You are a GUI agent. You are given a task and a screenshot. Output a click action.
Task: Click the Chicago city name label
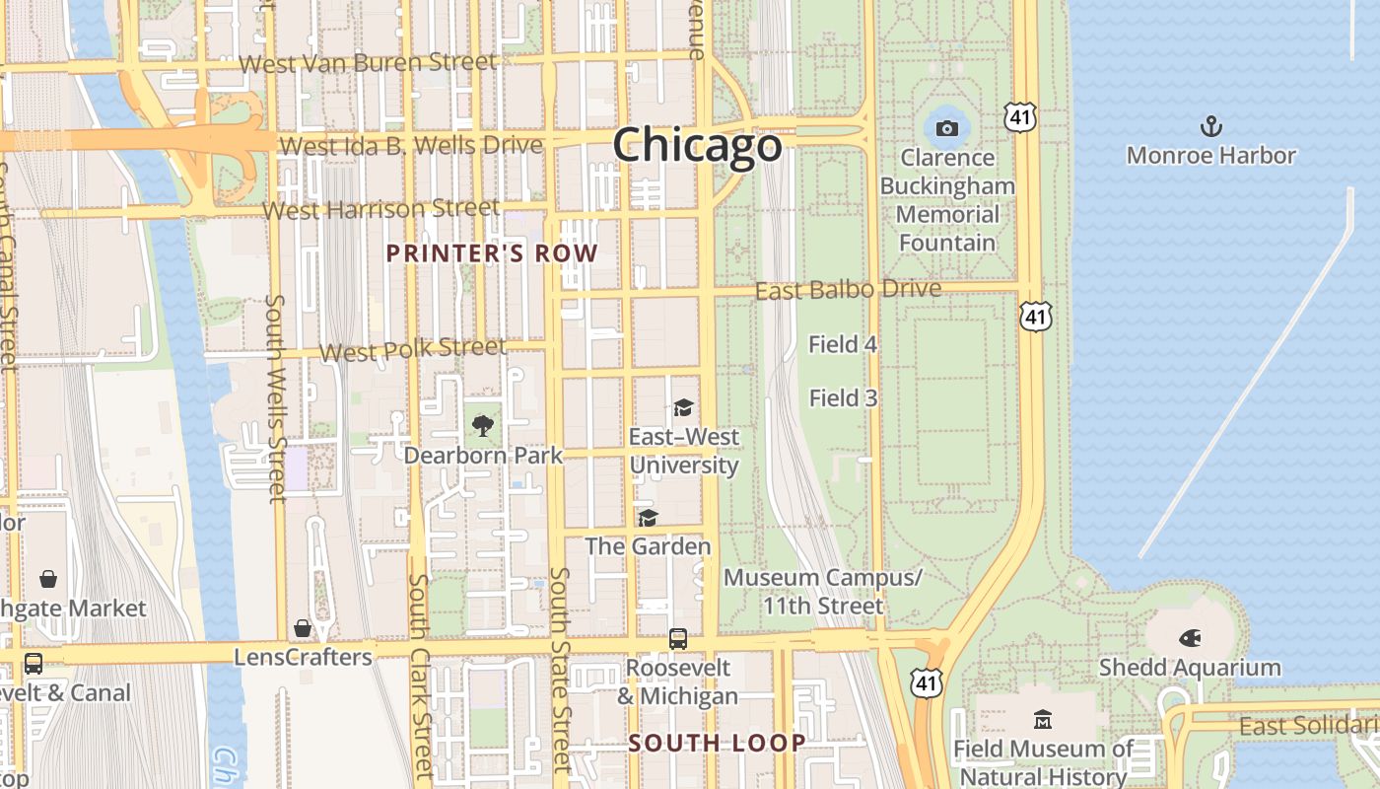coord(698,146)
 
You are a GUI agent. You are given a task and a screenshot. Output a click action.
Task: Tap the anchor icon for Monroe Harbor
coord(1210,126)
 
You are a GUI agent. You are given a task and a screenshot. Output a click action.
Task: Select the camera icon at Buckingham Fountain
coord(946,128)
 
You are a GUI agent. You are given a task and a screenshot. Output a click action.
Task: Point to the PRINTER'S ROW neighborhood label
coord(492,253)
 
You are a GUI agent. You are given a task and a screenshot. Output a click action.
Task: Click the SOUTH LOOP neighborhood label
coord(718,744)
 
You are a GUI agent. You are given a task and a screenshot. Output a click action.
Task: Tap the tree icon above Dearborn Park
coord(482,426)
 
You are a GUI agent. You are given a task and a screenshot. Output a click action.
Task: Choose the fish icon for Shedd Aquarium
coord(1190,638)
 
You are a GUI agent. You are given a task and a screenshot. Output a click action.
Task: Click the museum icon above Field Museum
coord(1042,719)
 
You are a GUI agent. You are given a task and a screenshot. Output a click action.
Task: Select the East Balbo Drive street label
coord(848,291)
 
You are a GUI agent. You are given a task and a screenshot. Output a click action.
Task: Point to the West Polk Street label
coord(412,350)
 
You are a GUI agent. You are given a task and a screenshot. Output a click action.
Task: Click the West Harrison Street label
coord(381,210)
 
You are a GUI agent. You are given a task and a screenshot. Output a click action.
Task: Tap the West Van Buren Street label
coord(368,63)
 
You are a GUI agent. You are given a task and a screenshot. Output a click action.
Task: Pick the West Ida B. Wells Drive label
coord(411,146)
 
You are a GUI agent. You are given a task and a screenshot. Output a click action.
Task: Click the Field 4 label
coord(843,344)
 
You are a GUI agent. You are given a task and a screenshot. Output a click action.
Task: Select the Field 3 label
coord(843,398)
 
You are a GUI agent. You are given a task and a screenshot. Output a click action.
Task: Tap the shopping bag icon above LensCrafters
coord(303,628)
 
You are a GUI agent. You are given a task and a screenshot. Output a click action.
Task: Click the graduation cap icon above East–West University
coord(683,407)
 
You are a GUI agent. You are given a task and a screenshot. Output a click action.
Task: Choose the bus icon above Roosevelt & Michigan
coord(678,638)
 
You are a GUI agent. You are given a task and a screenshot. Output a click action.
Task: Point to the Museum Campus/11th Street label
coord(823,592)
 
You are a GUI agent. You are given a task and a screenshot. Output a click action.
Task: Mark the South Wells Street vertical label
coord(277,398)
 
